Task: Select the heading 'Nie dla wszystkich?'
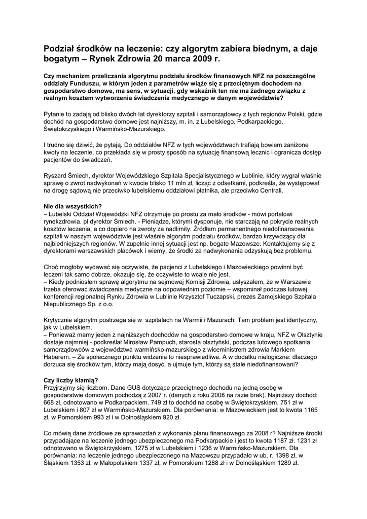(x=72, y=207)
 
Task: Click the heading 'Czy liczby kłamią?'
(x=71, y=380)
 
